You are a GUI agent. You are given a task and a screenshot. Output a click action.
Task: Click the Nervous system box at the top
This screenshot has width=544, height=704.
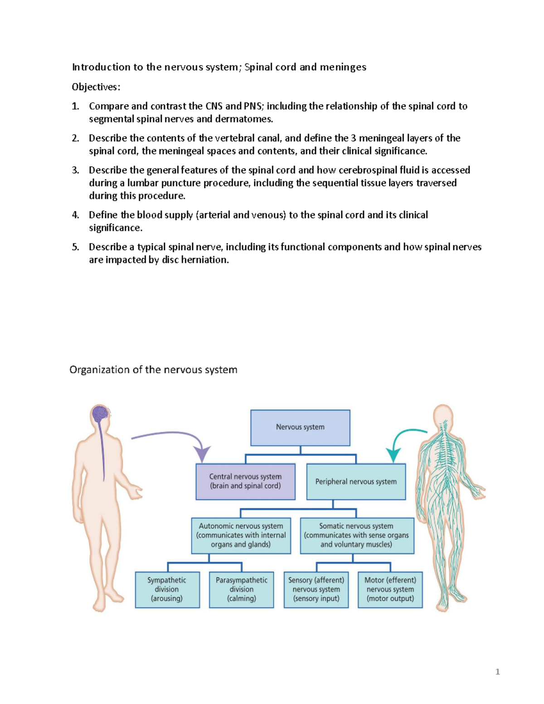click(x=300, y=427)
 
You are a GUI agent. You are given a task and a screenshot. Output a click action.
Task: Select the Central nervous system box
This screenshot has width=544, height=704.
click(x=245, y=481)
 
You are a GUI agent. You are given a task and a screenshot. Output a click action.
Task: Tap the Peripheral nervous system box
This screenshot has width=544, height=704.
click(x=356, y=481)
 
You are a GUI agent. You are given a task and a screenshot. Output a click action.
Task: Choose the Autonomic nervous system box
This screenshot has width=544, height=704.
click(x=241, y=535)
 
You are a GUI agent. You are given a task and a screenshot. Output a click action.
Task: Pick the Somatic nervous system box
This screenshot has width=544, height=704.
click(x=357, y=535)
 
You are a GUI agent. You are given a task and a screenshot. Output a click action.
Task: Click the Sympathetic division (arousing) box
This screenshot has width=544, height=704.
click(x=167, y=589)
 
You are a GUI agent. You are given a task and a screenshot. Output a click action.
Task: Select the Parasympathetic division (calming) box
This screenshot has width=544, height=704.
click(x=242, y=589)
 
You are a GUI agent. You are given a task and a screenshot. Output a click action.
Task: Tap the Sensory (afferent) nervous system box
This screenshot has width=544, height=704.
click(x=316, y=589)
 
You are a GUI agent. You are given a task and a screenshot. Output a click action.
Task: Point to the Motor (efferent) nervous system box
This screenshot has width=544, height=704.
click(x=390, y=589)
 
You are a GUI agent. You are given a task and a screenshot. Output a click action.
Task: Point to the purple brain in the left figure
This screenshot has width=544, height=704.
click(x=100, y=413)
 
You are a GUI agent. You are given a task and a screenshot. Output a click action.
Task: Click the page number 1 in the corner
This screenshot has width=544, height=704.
click(x=497, y=672)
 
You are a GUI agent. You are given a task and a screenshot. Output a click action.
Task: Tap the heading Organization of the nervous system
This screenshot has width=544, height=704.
click(x=153, y=370)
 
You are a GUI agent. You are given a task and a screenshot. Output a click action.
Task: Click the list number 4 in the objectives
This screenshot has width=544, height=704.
click(x=75, y=215)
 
